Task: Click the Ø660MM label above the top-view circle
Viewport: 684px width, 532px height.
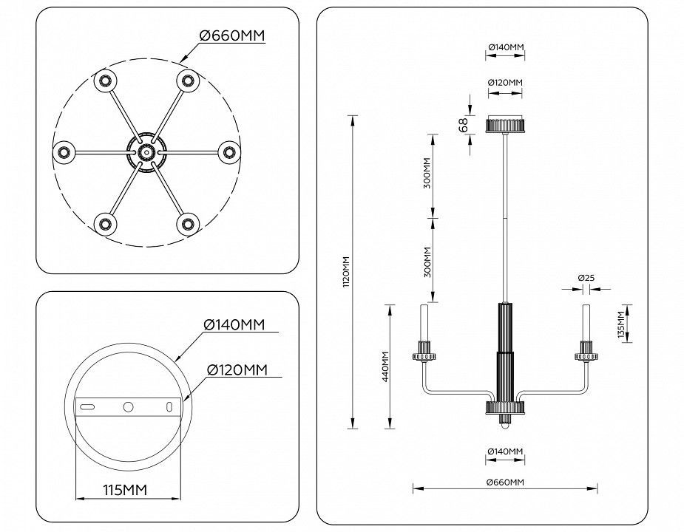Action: click(232, 35)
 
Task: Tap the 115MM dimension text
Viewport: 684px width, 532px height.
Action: click(125, 490)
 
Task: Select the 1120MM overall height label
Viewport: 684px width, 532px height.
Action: click(346, 271)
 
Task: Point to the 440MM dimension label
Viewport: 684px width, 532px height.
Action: click(385, 366)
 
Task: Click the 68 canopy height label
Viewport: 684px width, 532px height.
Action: click(464, 125)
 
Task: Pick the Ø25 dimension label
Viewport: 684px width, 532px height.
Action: click(586, 277)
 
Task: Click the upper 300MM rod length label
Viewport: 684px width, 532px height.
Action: click(427, 173)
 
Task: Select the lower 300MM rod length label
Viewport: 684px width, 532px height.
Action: click(427, 262)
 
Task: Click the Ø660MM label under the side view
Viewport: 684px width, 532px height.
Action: click(505, 482)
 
